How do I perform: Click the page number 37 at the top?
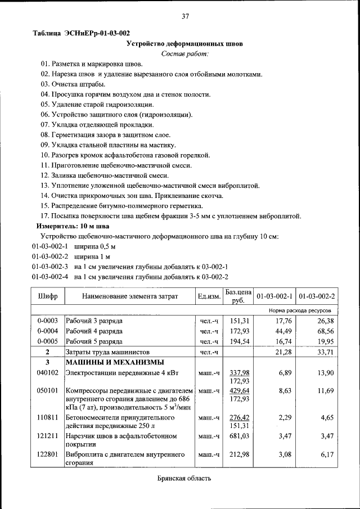(x=185, y=16)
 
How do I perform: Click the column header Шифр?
(x=48, y=296)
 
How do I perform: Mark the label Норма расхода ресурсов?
(x=299, y=310)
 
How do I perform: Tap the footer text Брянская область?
(x=184, y=478)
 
